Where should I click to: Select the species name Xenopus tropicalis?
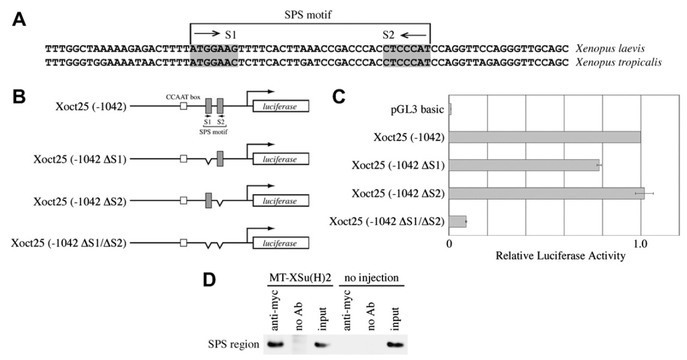[618, 62]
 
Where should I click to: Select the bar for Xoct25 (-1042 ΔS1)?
[524, 165]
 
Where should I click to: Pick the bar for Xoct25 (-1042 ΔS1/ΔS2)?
[457, 221]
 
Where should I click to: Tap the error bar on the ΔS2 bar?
[644, 192]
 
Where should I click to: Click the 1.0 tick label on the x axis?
[640, 242]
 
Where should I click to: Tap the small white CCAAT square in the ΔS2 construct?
[184, 201]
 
